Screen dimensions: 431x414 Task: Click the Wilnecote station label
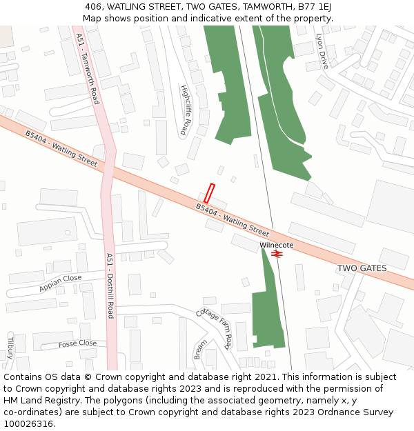(x=277, y=245)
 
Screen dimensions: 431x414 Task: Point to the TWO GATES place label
(x=362, y=268)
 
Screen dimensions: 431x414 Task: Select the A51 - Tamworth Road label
(x=88, y=69)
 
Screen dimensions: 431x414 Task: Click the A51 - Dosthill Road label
(x=110, y=285)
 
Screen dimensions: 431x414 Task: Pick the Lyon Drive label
(x=322, y=51)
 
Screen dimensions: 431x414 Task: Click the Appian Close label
(x=61, y=282)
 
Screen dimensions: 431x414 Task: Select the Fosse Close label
(x=77, y=343)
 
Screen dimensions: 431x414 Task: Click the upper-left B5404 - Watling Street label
(x=61, y=148)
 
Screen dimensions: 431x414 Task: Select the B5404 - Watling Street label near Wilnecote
(x=233, y=219)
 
